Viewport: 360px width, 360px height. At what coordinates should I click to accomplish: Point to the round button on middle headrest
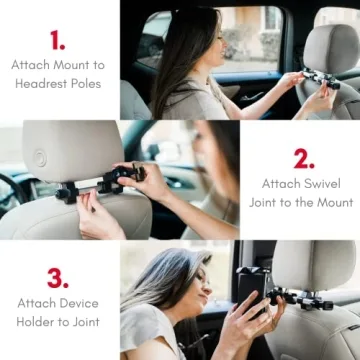(x=40, y=157)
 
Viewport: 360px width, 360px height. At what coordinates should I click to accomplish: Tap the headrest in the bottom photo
(x=319, y=265)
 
